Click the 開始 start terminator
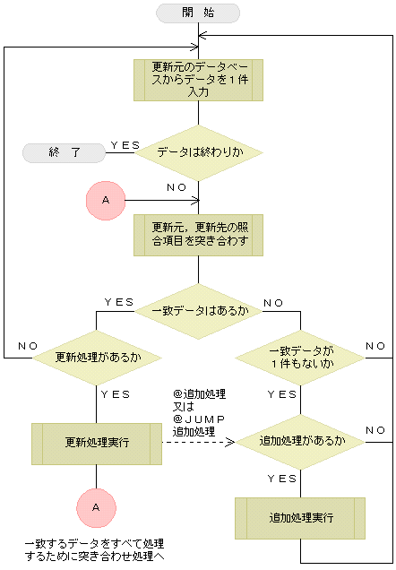198,13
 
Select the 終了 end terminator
65,152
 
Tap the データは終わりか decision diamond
198,152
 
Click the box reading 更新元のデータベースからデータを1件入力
198,80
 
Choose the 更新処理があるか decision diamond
98,358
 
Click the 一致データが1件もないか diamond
300,358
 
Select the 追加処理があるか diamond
300,441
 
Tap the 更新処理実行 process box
98,443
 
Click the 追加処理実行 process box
300,519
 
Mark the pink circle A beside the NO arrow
105,200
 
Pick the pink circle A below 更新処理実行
97,507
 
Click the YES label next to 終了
125,143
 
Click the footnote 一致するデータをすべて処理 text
95,550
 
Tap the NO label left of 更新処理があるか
27,346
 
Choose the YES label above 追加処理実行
283,479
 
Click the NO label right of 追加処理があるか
375,430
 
